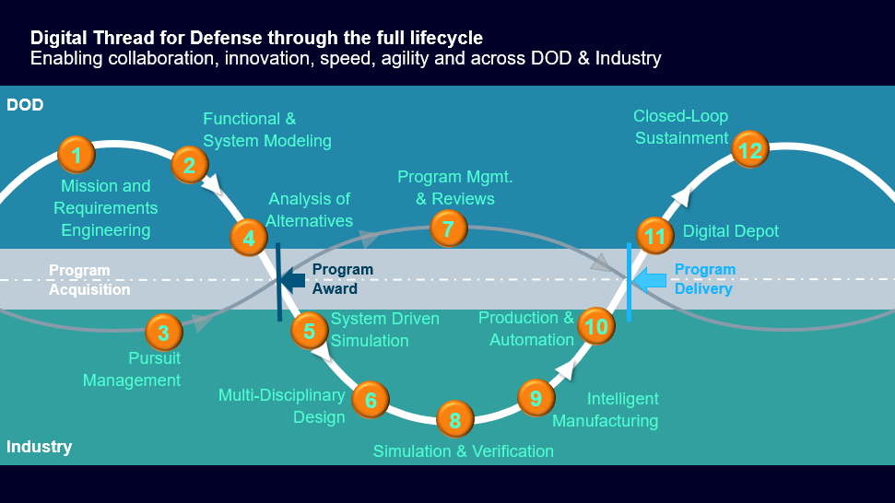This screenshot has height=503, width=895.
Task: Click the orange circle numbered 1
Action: click(x=77, y=155)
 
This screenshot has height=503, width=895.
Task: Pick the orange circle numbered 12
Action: click(x=750, y=150)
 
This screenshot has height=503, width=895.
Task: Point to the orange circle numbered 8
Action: click(x=454, y=420)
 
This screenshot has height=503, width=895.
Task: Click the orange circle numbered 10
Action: click(x=596, y=326)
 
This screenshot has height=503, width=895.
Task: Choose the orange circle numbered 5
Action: click(x=310, y=331)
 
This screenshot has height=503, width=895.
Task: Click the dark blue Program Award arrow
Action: click(x=293, y=280)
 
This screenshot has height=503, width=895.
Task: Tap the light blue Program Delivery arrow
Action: click(x=650, y=279)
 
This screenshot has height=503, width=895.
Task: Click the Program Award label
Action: click(x=342, y=279)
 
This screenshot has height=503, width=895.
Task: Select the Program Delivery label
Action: click(x=705, y=279)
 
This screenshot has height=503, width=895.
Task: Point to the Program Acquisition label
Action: click(x=89, y=280)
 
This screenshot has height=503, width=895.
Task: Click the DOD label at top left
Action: click(x=25, y=105)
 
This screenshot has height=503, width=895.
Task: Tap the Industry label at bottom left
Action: click(x=39, y=447)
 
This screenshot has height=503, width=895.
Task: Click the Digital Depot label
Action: click(x=730, y=231)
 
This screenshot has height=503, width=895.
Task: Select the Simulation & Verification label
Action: click(x=463, y=450)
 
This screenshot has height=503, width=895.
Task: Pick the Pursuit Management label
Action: click(x=132, y=369)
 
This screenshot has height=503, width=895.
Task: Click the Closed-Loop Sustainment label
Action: click(x=680, y=127)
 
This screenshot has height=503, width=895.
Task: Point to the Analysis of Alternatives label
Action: click(x=310, y=209)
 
